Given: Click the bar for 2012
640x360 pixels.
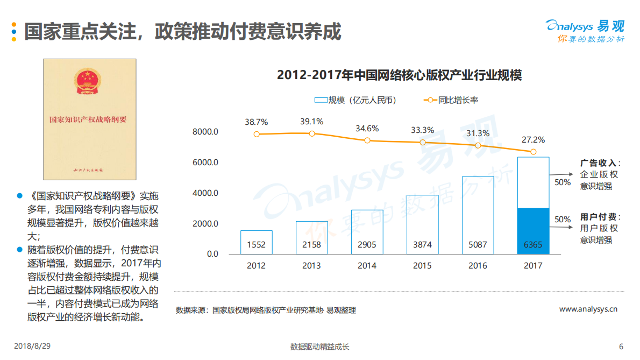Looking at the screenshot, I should [256, 242].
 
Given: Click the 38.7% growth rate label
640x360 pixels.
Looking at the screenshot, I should [256, 122].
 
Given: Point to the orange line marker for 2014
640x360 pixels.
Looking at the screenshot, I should [367, 140].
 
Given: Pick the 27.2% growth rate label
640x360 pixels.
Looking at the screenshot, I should [533, 140].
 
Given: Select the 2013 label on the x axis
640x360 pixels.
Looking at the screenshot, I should [311, 265].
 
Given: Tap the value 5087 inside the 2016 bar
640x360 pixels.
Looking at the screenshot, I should [478, 245].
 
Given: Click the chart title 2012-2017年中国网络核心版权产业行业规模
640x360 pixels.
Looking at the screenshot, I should [399, 75].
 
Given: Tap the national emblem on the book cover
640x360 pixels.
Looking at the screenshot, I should [89, 81].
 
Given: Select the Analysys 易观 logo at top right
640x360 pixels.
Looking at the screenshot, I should [585, 31].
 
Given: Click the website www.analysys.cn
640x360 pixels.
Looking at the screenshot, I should [588, 309].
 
